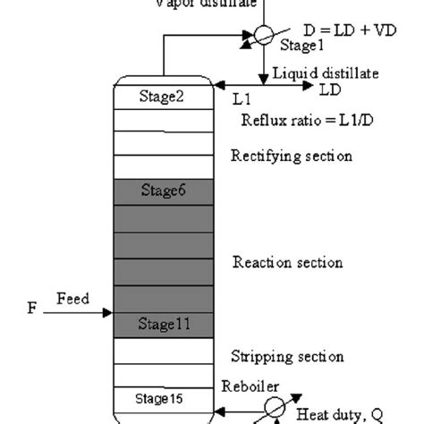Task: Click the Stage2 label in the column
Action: coord(162,97)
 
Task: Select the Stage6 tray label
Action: coord(163,189)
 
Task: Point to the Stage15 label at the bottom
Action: coord(162,396)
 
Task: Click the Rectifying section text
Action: coord(291,157)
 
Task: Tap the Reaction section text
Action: coord(287,262)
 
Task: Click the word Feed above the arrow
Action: coord(72,299)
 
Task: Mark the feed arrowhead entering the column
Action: coord(107,313)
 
